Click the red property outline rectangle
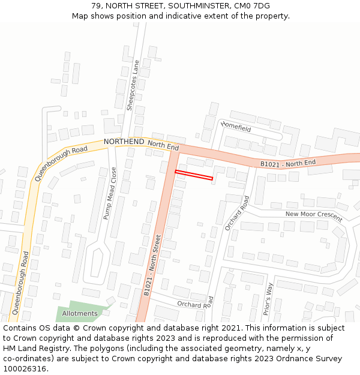pos(194,175)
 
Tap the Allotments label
pos(79,314)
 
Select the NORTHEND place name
pos(124,142)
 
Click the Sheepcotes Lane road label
pos(133,85)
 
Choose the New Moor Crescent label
pos(313,215)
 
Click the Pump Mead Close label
pos(110,193)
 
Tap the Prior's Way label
pos(268,296)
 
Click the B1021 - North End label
pos(287,163)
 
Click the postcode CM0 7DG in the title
pos(253,6)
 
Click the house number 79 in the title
pos(96,6)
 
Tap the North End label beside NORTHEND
pos(163,146)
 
